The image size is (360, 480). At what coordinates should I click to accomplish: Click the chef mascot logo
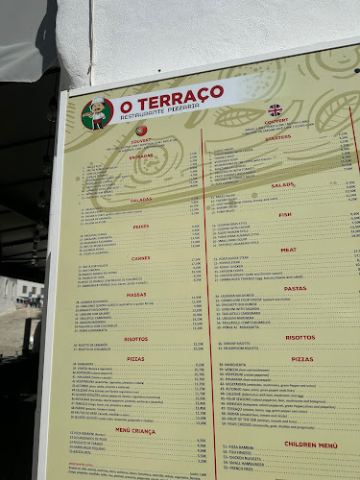point(98,112)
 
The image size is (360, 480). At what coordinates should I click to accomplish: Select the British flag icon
point(276,109)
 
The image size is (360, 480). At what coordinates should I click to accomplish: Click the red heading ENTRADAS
point(142,156)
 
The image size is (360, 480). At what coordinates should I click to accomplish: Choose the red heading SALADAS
point(141,201)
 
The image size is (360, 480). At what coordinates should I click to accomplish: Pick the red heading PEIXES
point(141,227)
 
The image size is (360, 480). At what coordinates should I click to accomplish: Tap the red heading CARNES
point(141,257)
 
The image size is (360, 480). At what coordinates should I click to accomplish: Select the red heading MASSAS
point(136,295)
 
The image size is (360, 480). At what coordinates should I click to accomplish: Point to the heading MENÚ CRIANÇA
point(135,430)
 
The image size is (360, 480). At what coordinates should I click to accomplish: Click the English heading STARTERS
point(278,138)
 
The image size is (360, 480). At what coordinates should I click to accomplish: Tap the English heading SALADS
point(282,184)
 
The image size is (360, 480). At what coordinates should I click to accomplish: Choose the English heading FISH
point(285,215)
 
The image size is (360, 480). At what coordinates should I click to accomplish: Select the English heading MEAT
point(288,250)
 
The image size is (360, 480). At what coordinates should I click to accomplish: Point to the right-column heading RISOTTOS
point(300,337)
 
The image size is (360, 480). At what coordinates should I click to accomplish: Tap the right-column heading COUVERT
point(276,122)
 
